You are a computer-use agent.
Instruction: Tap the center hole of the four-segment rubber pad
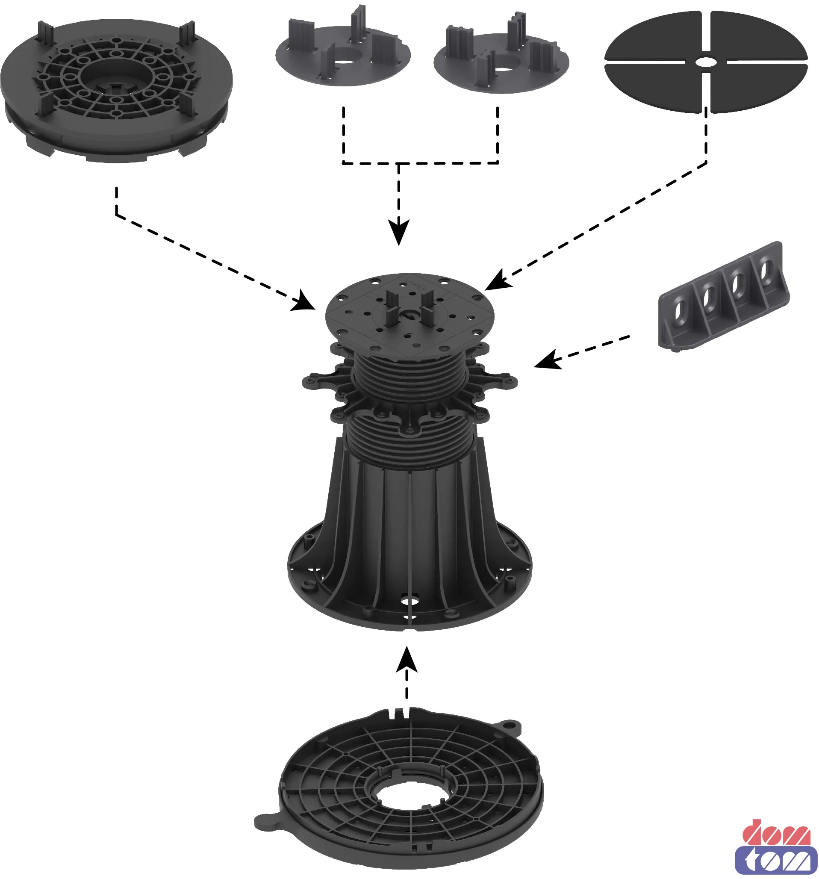pyautogui.click(x=706, y=62)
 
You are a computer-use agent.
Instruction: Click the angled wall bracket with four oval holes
pyautogui.click(x=724, y=295)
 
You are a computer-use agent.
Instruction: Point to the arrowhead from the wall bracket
pyautogui.click(x=548, y=359)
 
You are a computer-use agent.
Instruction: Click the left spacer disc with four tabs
pyautogui.click(x=343, y=51)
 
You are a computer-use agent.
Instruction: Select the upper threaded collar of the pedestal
pyautogui.click(x=410, y=376)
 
